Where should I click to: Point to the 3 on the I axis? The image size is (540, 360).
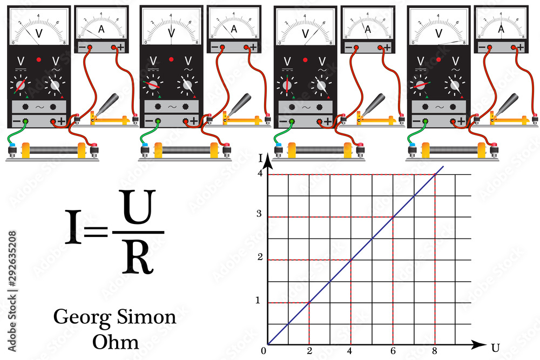[x=260, y=214]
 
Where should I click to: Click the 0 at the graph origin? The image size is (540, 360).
[x=263, y=351]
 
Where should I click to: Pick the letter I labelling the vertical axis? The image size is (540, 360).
[x=260, y=158]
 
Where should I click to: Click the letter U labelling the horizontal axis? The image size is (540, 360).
[x=495, y=345]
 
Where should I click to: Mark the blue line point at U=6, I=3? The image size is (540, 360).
[x=393, y=217]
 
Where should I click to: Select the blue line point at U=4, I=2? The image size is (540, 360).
[x=351, y=260]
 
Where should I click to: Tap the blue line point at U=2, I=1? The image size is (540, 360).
[x=309, y=302]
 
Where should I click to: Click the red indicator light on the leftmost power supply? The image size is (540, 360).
[x=39, y=59]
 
